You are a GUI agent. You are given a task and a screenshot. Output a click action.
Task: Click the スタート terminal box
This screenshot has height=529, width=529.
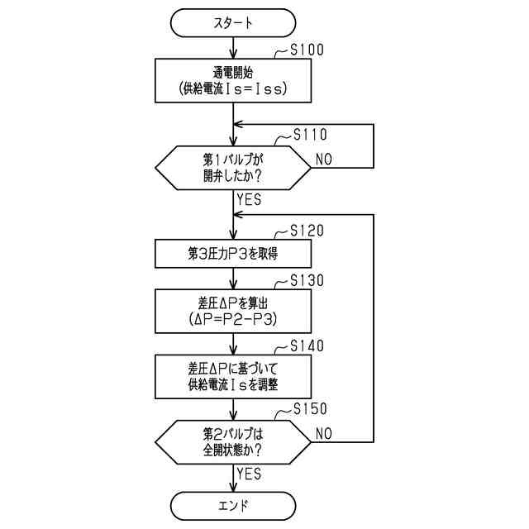tap(234, 23)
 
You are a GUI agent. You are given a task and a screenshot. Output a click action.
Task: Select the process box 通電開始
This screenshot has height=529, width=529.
tap(234, 79)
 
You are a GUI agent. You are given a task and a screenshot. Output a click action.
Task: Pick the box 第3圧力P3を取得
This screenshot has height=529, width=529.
tap(234, 253)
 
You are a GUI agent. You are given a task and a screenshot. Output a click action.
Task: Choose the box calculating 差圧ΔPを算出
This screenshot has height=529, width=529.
tap(234, 310)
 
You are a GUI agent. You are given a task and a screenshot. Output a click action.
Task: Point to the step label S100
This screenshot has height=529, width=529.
tap(307, 50)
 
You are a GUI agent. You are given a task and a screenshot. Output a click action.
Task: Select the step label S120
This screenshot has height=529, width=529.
tap(307, 231)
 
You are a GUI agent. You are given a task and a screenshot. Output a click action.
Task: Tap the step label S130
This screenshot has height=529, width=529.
tap(307, 280)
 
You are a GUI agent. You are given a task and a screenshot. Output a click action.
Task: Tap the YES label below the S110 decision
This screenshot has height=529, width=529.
tap(249, 199)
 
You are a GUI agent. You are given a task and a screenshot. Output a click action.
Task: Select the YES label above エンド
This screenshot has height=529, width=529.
tap(249, 474)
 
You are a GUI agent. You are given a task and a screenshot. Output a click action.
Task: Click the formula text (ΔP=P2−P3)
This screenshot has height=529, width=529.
tap(234, 318)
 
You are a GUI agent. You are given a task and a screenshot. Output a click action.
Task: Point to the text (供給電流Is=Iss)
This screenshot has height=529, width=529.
tap(234, 88)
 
